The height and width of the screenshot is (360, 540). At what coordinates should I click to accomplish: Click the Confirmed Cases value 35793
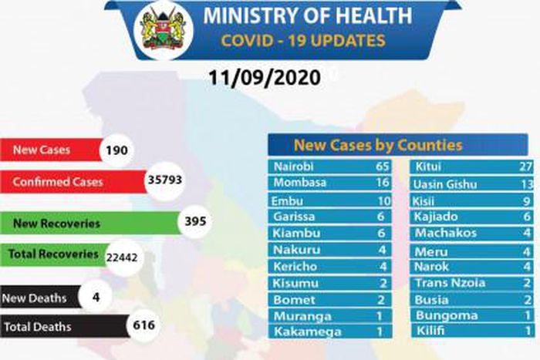166,182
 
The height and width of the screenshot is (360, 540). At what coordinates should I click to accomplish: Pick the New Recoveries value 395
197,223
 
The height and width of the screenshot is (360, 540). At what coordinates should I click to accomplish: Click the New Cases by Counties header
378,145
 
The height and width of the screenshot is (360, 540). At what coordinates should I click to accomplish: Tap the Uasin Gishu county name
446,183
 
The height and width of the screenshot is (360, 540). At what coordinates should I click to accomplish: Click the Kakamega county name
304,332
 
